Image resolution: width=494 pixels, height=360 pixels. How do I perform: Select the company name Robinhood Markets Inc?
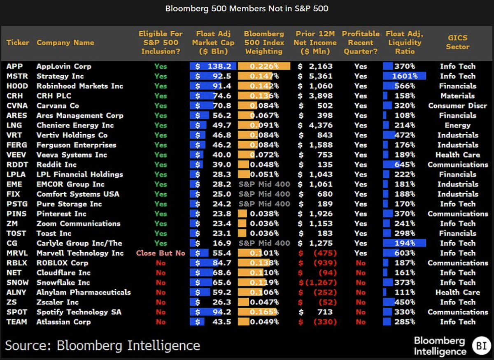(x=79, y=86)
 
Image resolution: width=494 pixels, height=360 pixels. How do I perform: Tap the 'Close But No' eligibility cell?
(x=161, y=253)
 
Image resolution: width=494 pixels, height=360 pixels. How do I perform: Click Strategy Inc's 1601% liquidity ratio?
(x=405, y=76)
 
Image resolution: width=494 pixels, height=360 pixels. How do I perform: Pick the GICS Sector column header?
(x=457, y=42)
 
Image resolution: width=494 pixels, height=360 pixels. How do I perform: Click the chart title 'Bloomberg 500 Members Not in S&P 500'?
(x=247, y=9)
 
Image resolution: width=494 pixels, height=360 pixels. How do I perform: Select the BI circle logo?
(x=480, y=345)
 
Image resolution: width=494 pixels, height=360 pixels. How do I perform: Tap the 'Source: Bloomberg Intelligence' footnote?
(x=103, y=345)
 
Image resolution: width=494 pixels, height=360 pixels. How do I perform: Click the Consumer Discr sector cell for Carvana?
(x=457, y=106)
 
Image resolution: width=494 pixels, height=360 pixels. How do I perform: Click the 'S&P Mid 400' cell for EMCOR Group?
(x=264, y=184)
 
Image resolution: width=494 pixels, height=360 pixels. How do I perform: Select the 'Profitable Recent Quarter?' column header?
(x=361, y=42)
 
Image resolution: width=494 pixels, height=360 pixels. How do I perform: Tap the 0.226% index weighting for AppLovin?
(x=264, y=66)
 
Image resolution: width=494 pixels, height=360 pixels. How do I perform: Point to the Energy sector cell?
(x=457, y=125)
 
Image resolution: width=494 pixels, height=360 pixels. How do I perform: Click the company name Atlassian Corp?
(x=63, y=322)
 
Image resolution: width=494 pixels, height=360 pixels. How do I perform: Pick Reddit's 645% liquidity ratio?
(x=405, y=165)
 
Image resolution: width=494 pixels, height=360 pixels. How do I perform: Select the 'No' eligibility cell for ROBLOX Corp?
(x=161, y=263)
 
